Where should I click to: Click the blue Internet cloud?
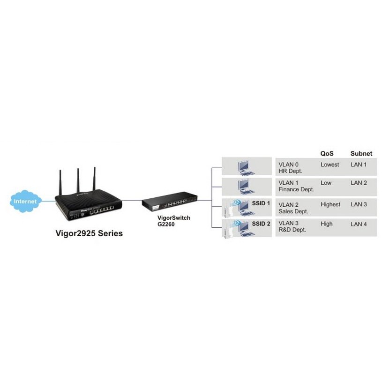point(25,201)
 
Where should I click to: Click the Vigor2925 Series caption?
point(89,233)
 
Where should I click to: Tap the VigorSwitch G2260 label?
point(174,221)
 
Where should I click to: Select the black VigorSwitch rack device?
point(170,202)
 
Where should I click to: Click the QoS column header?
point(327,154)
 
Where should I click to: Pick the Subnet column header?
point(361,154)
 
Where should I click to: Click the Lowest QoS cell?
point(329,165)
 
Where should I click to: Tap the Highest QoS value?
point(330,204)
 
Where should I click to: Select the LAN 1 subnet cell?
point(359,165)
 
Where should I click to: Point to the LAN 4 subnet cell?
point(359,224)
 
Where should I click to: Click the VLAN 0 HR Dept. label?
point(290,168)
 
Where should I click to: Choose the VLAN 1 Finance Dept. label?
point(296,186)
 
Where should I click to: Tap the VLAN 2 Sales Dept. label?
point(293,208)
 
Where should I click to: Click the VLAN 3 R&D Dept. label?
point(292,226)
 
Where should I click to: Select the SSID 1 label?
point(261,203)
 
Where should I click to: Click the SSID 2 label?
point(261,224)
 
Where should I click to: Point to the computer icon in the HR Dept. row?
point(246,168)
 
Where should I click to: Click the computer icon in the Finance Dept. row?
point(246,187)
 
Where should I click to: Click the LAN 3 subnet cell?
point(359,204)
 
